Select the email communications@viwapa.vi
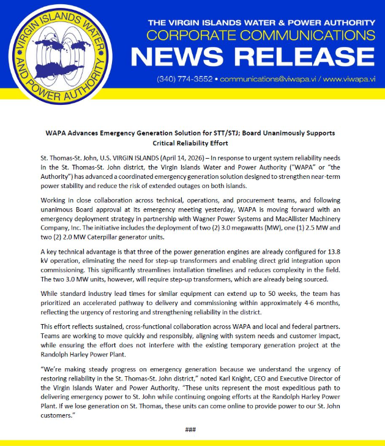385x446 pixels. (267, 80)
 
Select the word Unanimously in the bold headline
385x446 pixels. (263, 132)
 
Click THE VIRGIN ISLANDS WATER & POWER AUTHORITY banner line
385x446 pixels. (261, 23)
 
